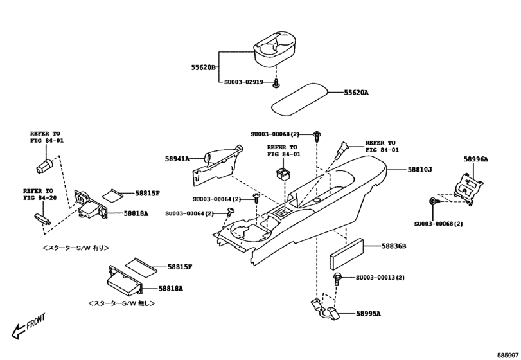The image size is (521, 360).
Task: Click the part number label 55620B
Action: point(202,67)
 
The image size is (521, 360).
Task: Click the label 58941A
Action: point(177,158)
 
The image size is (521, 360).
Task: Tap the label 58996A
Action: point(476,159)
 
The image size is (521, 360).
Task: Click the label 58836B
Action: point(394,246)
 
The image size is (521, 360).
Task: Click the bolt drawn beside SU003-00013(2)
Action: point(336,278)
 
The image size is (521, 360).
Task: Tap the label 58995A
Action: point(369,314)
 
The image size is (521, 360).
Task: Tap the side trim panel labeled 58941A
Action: point(218,161)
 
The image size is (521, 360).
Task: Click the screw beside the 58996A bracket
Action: point(433,203)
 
